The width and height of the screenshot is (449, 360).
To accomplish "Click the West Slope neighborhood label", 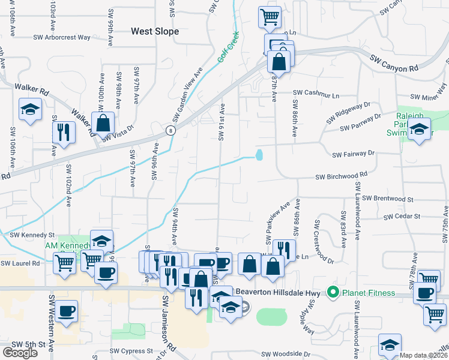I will (x=155, y=31).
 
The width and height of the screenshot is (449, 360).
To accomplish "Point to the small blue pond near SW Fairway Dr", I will (x=259, y=155).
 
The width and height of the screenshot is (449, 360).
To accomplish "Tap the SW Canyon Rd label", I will (x=393, y=62).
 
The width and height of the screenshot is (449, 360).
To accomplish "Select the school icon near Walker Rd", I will (x=30, y=109).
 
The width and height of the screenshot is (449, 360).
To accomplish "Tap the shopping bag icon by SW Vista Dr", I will (x=103, y=123).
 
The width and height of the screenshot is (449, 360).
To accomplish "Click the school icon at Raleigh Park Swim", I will (x=419, y=129).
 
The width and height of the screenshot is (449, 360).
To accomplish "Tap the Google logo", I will (x=20, y=353).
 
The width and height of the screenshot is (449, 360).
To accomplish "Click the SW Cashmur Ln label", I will (x=316, y=94).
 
